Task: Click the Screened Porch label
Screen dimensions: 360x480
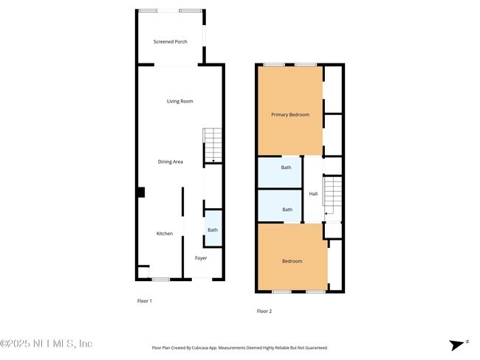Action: pyautogui.click(x=170, y=42)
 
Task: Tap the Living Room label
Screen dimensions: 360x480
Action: pyautogui.click(x=179, y=101)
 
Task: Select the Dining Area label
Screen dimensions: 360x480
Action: pyautogui.click(x=170, y=162)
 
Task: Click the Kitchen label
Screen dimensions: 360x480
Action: pyautogui.click(x=164, y=234)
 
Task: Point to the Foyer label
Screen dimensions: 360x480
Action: pyautogui.click(x=201, y=258)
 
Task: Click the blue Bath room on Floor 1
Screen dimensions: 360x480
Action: pyautogui.click(x=213, y=229)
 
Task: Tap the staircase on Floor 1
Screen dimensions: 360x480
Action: pyautogui.click(x=213, y=145)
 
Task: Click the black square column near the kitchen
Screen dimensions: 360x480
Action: pyautogui.click(x=140, y=193)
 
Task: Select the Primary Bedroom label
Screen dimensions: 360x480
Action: pyautogui.click(x=289, y=114)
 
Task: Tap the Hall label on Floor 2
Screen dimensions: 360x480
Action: pyautogui.click(x=313, y=194)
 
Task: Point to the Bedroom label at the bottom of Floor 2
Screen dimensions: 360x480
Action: pyautogui.click(x=292, y=261)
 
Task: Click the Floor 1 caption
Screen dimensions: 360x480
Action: pyautogui.click(x=145, y=301)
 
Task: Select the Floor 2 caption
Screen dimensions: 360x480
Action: pyautogui.click(x=264, y=311)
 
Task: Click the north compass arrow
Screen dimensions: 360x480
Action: pyautogui.click(x=458, y=344)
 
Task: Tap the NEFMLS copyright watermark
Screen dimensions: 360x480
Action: pyautogui.click(x=47, y=344)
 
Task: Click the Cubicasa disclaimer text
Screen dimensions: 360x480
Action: pyautogui.click(x=239, y=347)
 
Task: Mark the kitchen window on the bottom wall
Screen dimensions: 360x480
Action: pyautogui.click(x=160, y=279)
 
